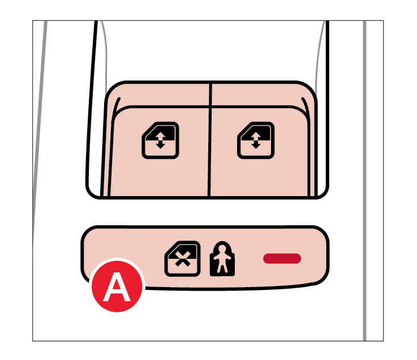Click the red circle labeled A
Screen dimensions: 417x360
(x=117, y=285)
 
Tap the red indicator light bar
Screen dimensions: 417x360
(x=282, y=258)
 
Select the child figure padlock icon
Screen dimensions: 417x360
(x=222, y=259)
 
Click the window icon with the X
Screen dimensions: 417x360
(x=182, y=259)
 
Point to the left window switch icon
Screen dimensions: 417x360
(x=160, y=140)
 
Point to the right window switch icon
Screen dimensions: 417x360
(x=256, y=140)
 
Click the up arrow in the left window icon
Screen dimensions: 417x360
(x=160, y=136)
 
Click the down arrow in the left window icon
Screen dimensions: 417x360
(x=160, y=145)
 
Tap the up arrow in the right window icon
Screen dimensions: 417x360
(x=256, y=136)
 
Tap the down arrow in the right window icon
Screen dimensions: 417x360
(x=256, y=145)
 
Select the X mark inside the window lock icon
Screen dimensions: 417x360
(x=182, y=259)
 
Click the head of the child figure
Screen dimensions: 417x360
(x=222, y=249)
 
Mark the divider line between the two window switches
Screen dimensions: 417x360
(x=210, y=140)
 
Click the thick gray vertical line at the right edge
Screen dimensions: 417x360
(x=364, y=181)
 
